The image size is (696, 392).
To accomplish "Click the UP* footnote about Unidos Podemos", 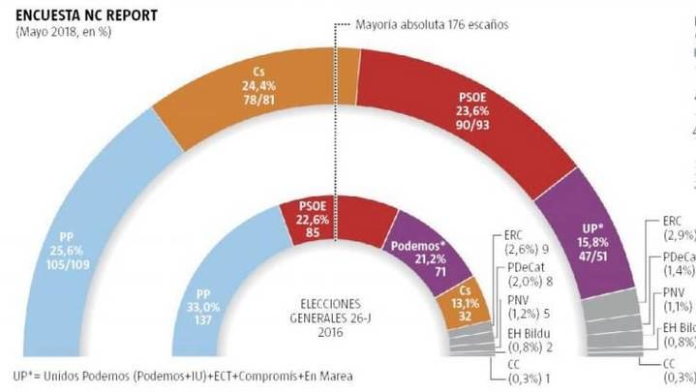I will [183, 377].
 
